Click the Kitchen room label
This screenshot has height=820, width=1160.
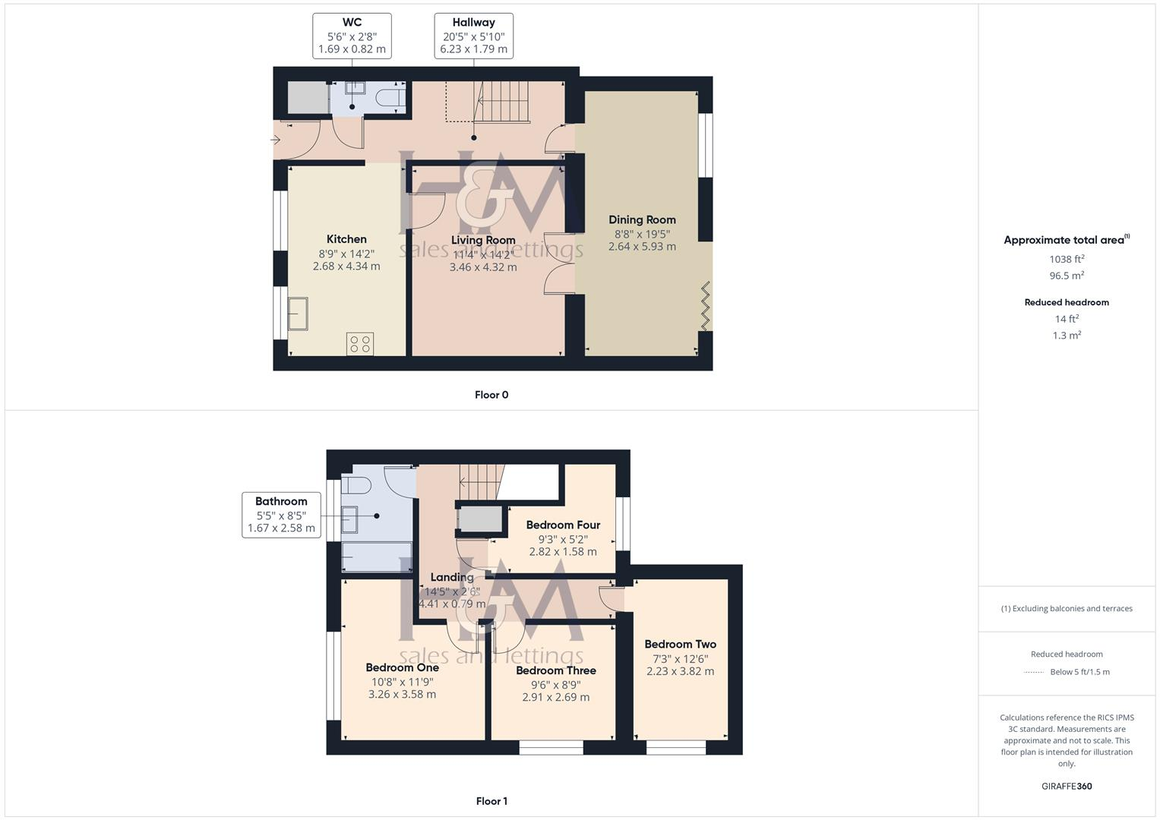[346, 239]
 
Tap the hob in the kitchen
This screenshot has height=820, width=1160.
[360, 343]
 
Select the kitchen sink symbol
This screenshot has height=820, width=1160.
[298, 314]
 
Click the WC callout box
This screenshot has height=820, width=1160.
[352, 36]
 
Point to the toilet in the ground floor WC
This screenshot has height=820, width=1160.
[390, 98]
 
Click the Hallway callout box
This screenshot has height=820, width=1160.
[473, 36]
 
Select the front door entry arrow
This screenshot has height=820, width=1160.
[275, 140]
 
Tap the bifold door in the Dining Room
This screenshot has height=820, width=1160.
[706, 306]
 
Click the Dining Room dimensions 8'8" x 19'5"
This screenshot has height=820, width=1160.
[642, 234]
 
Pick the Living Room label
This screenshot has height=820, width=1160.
[483, 240]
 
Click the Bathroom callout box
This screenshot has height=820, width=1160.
[281, 515]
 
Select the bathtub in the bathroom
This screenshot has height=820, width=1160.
[377, 557]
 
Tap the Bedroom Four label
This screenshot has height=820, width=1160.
[563, 525]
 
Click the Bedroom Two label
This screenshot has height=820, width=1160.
[680, 644]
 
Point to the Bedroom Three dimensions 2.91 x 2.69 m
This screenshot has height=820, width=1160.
[555, 697]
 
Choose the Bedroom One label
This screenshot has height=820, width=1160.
[402, 667]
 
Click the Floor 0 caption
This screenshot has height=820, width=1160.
[491, 395]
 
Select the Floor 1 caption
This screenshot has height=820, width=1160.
[491, 801]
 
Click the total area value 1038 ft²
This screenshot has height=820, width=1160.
[1067, 259]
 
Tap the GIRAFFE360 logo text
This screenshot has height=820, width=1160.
[1067, 786]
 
